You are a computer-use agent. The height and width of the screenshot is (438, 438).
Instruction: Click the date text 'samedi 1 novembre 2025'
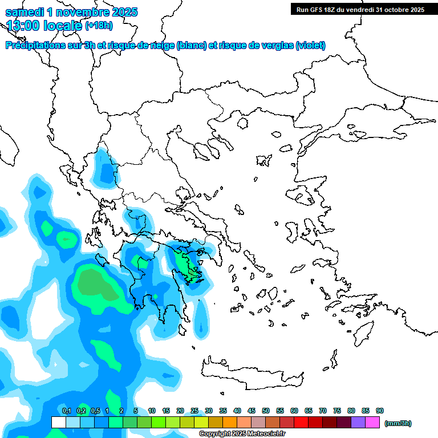71,12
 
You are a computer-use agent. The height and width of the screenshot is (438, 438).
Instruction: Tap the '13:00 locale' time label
44,25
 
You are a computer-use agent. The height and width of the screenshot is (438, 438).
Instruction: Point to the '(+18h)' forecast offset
99,25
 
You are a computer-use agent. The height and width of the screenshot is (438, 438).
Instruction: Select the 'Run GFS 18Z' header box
360,9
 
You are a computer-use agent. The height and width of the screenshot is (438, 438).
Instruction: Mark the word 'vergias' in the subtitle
279,46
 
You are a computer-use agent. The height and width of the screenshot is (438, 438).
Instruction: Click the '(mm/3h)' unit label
398,423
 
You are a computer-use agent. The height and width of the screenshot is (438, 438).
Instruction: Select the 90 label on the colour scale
380,411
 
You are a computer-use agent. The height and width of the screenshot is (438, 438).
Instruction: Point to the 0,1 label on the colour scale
66,411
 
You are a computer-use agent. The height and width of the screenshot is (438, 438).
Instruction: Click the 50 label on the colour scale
266,411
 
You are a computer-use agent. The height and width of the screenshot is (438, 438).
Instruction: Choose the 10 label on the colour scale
152,411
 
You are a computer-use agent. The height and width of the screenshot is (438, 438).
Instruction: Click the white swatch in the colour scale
58,422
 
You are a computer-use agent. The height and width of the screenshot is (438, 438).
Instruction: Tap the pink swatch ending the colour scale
372,422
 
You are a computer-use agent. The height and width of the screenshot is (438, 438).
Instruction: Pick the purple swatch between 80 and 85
358,422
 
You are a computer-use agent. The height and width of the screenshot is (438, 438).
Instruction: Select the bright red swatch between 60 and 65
301,422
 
